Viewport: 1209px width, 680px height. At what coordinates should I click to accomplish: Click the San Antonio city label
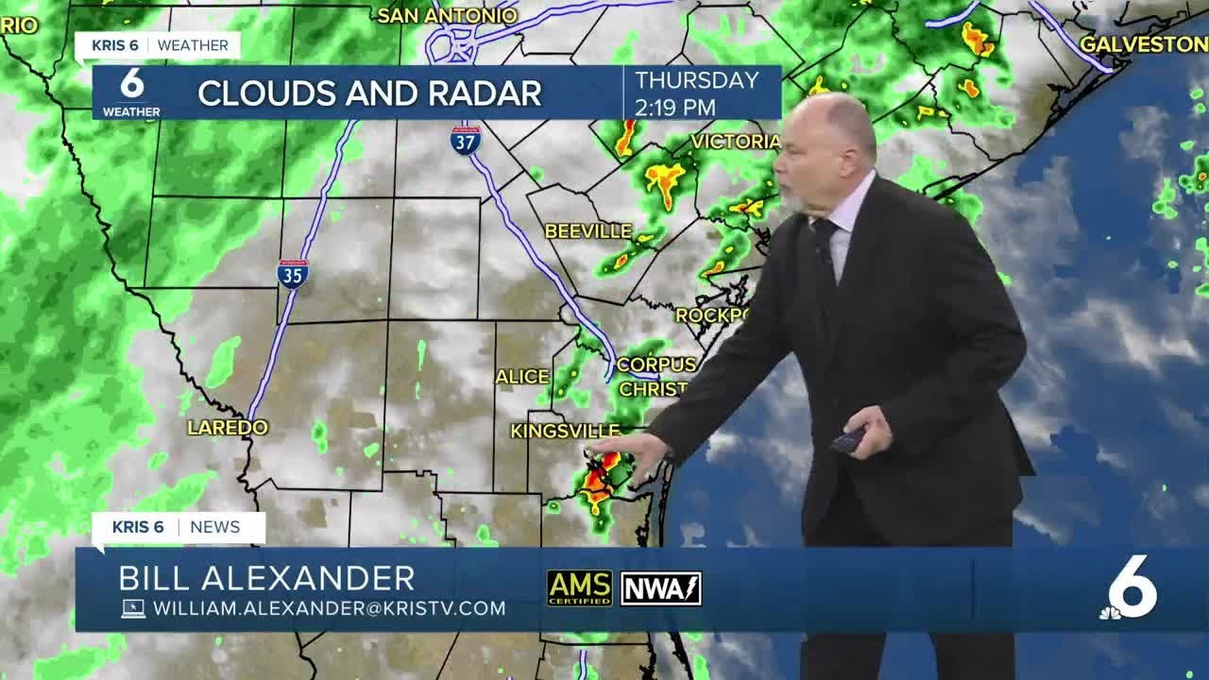tap(447, 15)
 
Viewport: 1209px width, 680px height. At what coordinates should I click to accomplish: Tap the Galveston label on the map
tap(1143, 44)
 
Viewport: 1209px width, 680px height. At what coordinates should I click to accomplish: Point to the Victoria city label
tap(735, 142)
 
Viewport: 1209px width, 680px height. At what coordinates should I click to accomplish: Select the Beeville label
tap(587, 230)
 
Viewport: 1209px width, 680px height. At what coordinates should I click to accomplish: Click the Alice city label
tap(522, 377)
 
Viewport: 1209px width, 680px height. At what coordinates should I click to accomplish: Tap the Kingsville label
tap(565, 431)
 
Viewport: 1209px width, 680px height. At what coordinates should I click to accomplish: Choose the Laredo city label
tap(228, 428)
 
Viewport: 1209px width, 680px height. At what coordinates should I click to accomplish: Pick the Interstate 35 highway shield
tap(293, 273)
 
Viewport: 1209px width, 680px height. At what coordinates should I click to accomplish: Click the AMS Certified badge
tap(579, 587)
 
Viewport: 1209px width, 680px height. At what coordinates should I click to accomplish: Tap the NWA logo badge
tap(660, 587)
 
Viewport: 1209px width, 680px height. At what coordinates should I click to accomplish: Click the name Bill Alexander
tap(267, 578)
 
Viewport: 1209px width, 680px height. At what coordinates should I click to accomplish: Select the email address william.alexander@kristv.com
tap(329, 608)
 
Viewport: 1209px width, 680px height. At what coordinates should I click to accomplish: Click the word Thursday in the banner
tap(697, 80)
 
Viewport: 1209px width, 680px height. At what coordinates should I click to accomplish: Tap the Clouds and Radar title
tap(369, 93)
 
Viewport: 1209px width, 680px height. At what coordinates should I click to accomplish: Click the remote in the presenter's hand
tap(847, 439)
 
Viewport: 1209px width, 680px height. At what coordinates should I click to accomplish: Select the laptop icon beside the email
tap(133, 608)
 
